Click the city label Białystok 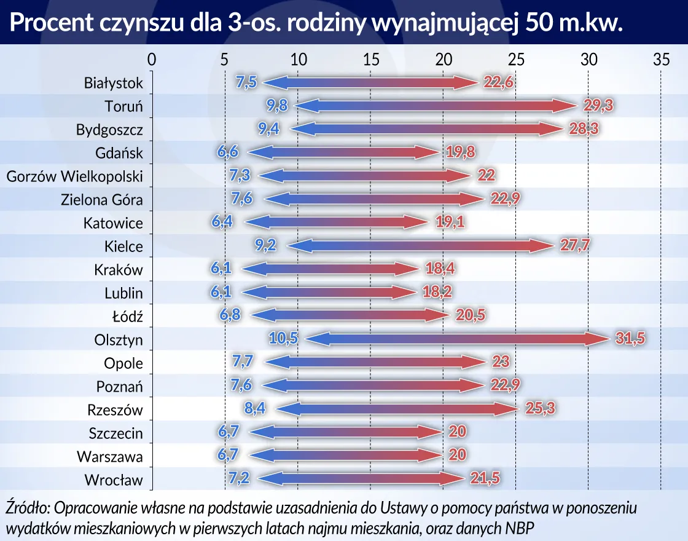pyautogui.click(x=113, y=83)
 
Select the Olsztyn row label pyautogui.click(x=119, y=340)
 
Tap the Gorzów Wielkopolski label pyautogui.click(x=74, y=177)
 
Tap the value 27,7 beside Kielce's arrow pyautogui.click(x=575, y=246)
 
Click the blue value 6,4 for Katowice pyautogui.click(x=223, y=223)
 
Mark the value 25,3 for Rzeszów pyautogui.click(x=541, y=409)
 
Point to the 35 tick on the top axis pyautogui.click(x=661, y=60)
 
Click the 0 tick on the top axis pyautogui.click(x=152, y=60)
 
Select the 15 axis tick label pyautogui.click(x=370, y=60)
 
